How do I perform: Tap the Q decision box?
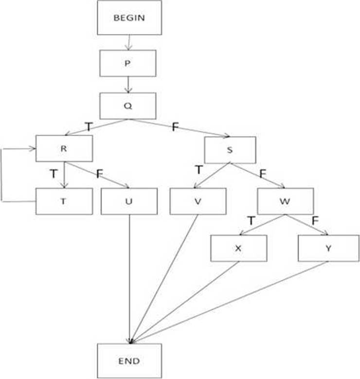128,106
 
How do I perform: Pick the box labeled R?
64,148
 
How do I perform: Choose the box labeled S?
230,149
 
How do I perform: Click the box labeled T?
64,200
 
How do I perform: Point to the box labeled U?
129,200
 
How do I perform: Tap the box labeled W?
286,200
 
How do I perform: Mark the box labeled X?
238,248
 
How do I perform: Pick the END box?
129,361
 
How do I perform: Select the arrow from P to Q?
128,85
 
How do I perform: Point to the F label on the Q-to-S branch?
175,127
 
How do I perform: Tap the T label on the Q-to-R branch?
89,126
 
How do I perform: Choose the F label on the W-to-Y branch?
315,220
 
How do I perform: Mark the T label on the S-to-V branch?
198,170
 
